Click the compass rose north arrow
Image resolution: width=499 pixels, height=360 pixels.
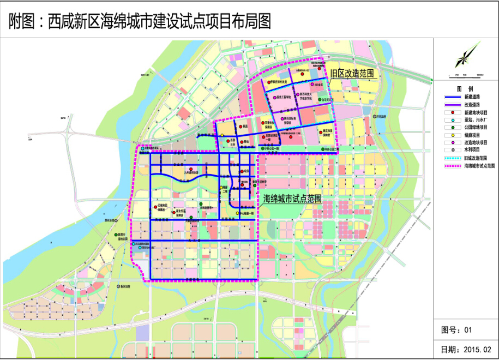pyautogui.click(x=465, y=58)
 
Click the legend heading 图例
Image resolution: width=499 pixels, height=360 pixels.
pyautogui.click(x=465, y=88)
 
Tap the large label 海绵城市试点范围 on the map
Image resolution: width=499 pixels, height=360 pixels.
pyautogui.click(x=292, y=199)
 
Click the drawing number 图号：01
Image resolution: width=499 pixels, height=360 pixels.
pyautogui.click(x=456, y=329)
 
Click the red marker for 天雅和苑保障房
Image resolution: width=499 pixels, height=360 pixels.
pyautogui.click(x=155, y=207)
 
